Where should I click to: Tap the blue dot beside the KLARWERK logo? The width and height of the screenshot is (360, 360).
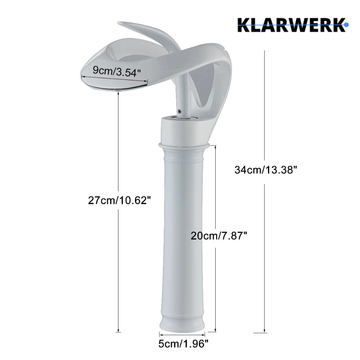point(346,25)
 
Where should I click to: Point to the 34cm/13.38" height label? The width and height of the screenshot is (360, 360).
point(265,170)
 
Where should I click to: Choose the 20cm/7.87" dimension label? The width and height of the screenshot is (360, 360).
point(219,236)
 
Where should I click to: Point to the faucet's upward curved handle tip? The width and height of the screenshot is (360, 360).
point(122,25)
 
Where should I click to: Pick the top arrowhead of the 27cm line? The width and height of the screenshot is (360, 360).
point(118,93)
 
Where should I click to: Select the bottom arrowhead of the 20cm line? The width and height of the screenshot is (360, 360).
point(215,330)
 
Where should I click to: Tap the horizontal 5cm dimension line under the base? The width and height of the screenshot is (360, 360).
point(182,334)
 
